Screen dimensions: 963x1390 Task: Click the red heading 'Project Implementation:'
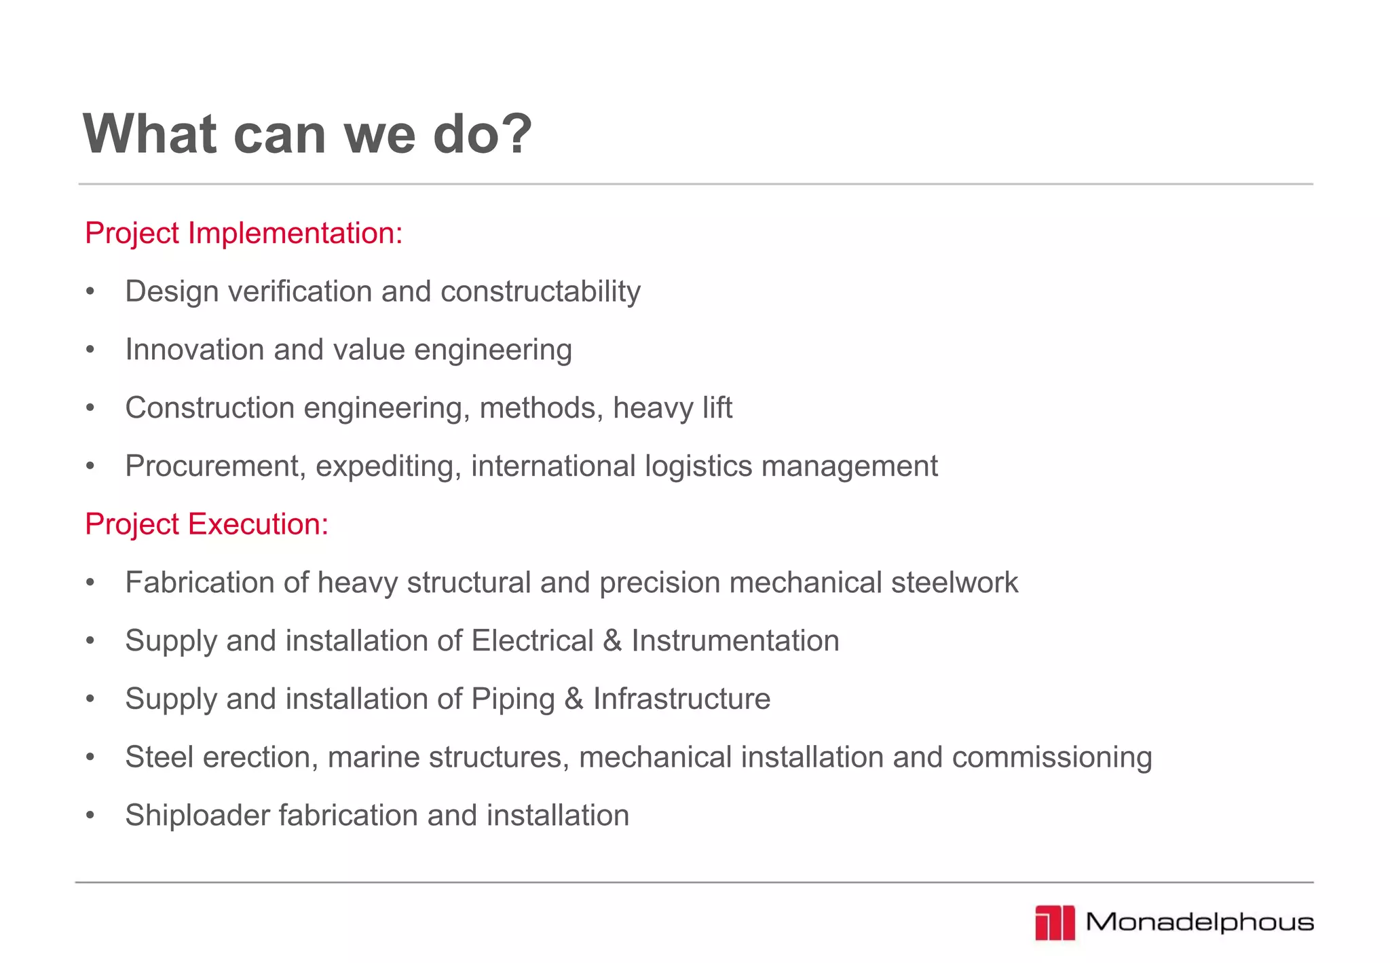(x=244, y=233)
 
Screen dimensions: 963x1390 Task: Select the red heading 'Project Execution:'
(x=206, y=524)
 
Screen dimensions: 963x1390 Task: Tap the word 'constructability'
(x=540, y=292)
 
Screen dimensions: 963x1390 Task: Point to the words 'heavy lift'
(x=672, y=408)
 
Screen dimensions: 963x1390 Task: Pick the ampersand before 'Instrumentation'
(x=612, y=641)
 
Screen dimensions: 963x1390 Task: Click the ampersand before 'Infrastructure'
(x=574, y=699)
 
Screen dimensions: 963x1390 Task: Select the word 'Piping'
(x=513, y=699)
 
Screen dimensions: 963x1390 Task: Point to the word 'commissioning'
(x=1052, y=757)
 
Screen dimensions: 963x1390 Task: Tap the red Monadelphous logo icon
(x=1055, y=923)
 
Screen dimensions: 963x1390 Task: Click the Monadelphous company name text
(x=1199, y=922)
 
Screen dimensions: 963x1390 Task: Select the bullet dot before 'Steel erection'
(x=90, y=757)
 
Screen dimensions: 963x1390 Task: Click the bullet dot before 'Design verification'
(x=90, y=292)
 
